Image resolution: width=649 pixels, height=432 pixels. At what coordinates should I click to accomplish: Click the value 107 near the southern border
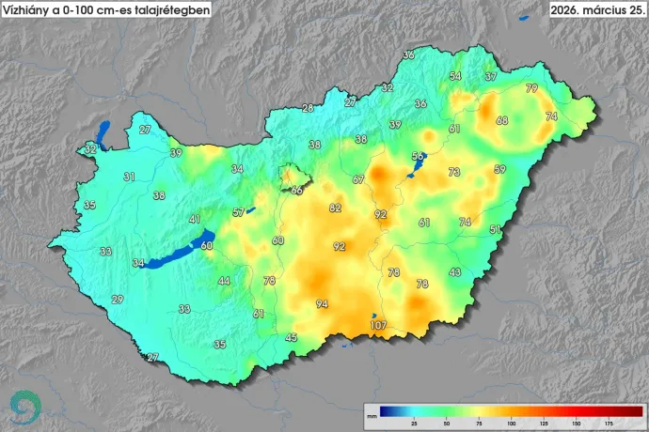tap(378, 326)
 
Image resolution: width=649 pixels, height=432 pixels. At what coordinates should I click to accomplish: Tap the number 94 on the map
tap(322, 304)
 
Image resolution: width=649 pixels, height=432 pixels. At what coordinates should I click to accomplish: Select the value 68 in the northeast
tap(502, 120)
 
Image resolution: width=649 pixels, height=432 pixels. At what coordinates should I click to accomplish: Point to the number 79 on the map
tap(531, 88)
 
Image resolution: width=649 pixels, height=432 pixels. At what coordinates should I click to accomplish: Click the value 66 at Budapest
tap(296, 190)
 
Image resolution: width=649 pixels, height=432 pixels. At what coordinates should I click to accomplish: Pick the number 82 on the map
tap(335, 208)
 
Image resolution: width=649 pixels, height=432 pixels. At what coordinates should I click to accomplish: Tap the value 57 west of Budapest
tap(239, 212)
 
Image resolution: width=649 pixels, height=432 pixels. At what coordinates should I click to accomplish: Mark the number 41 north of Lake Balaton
tap(195, 219)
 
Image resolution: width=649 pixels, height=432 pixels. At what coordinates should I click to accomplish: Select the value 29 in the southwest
tap(117, 300)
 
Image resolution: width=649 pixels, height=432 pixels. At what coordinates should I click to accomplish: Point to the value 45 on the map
tap(292, 337)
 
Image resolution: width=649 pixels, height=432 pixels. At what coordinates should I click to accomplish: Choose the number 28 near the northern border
tap(308, 109)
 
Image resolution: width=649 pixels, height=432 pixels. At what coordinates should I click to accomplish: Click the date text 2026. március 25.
tap(596, 9)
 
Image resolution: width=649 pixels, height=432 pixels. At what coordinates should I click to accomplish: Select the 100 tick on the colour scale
tap(511, 424)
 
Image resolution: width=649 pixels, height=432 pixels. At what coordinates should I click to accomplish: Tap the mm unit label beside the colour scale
tap(372, 414)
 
